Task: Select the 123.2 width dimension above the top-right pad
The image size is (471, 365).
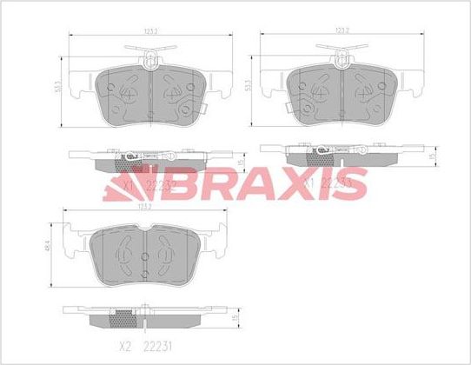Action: pos(341,31)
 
